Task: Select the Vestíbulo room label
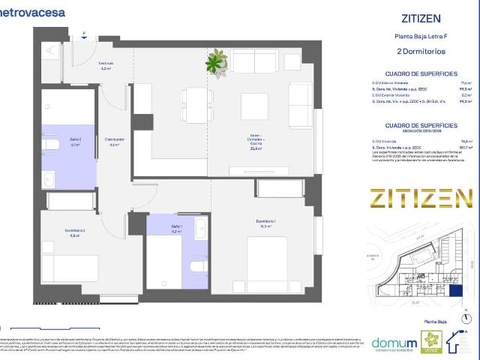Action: click(x=106, y=66)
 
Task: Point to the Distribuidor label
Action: click(x=114, y=142)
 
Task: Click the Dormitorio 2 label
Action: click(x=74, y=232)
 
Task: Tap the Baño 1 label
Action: click(x=176, y=229)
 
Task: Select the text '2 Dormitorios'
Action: click(x=420, y=52)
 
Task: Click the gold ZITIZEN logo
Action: click(x=415, y=198)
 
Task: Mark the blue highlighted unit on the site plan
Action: click(x=457, y=292)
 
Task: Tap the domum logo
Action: click(x=395, y=343)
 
